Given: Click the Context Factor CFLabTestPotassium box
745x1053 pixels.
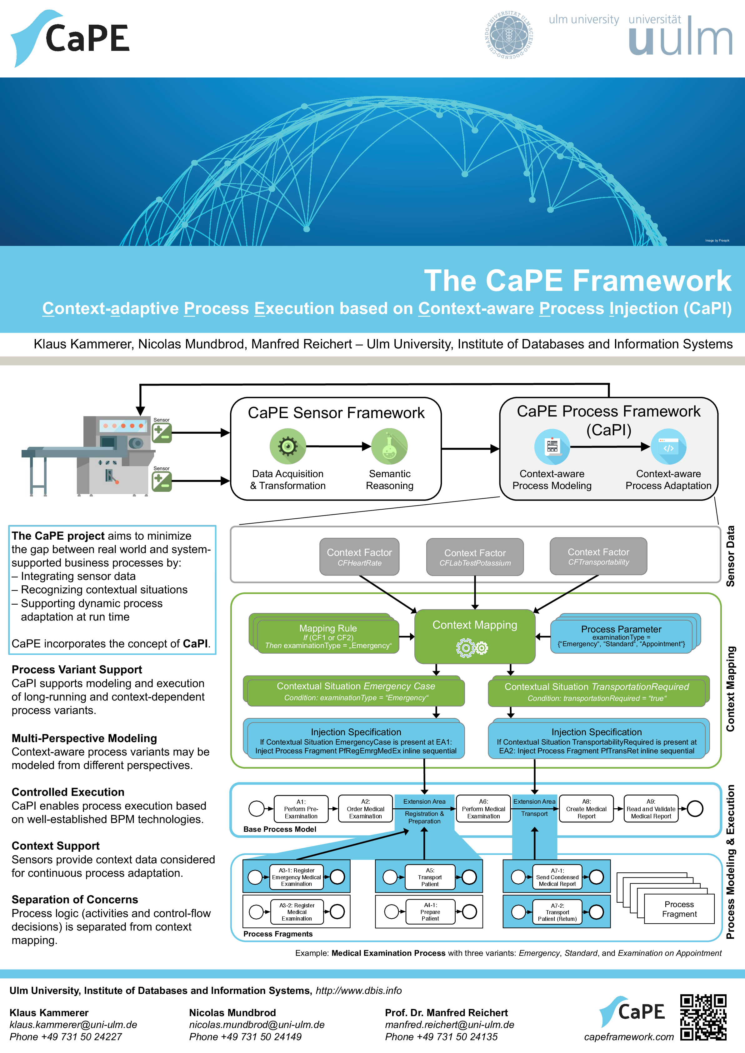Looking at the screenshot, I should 475,557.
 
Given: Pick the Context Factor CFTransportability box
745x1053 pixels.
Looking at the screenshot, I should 598,556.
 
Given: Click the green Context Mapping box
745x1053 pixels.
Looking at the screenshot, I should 475,636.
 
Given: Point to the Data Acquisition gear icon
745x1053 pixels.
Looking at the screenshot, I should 287,446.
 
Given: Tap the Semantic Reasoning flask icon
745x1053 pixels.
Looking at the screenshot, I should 389,446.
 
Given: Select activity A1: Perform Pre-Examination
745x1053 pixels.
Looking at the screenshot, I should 301,809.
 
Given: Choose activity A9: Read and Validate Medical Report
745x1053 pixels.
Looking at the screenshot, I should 651,809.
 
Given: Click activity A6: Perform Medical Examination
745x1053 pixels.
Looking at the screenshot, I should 483,809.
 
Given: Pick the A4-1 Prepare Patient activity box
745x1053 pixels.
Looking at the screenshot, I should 430,912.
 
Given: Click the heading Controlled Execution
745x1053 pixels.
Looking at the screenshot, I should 68,792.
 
